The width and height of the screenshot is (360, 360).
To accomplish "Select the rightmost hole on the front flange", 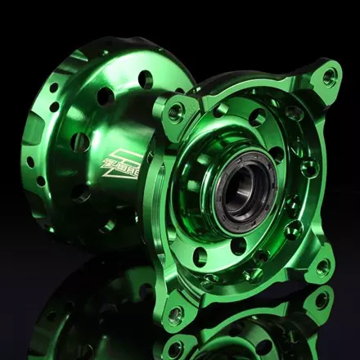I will point(309,169).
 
